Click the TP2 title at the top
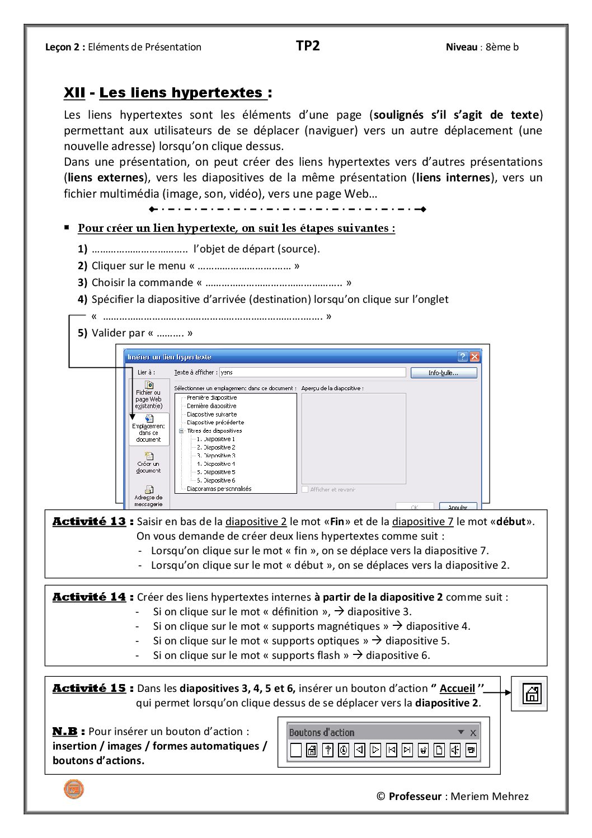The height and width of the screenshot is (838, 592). [x=308, y=46]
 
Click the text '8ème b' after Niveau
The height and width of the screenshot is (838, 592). [x=502, y=47]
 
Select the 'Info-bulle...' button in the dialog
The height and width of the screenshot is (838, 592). [x=443, y=373]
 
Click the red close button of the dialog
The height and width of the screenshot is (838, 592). [x=474, y=357]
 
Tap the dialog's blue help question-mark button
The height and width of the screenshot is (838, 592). [x=463, y=357]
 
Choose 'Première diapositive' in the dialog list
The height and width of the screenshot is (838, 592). [x=212, y=397]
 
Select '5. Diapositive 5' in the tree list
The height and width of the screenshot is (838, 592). [x=215, y=472]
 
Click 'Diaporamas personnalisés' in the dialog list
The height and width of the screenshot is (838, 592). [x=219, y=489]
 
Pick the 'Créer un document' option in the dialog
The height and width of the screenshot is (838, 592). [x=148, y=463]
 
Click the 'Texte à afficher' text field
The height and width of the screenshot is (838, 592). [x=312, y=372]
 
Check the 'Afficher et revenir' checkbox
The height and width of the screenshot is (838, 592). [x=305, y=489]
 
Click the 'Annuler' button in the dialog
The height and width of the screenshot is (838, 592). [x=458, y=507]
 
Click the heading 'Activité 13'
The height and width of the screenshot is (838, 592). [x=89, y=522]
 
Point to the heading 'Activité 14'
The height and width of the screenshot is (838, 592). [x=89, y=597]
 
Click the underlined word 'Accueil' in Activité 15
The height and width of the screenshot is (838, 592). [x=457, y=689]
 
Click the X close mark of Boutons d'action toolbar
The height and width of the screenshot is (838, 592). [x=473, y=732]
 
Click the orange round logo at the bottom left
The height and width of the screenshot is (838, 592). [x=73, y=789]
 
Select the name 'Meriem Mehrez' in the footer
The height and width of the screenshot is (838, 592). [x=490, y=796]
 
